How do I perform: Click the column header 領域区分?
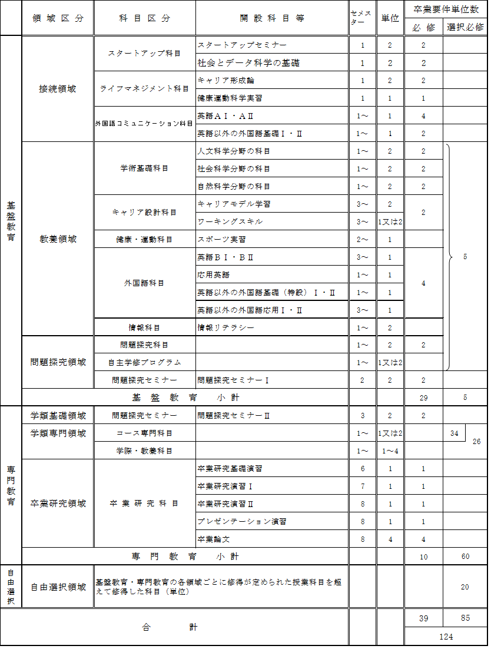pyautogui.click(x=58, y=18)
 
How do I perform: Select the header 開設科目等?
pyautogui.click(x=271, y=18)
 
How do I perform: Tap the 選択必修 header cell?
pyautogui.click(x=465, y=27)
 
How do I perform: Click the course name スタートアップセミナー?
pyautogui.click(x=234, y=45)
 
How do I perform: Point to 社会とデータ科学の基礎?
pyautogui.click(x=244, y=63)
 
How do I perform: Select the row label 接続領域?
pyautogui.click(x=58, y=89)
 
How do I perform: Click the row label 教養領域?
pyautogui.click(x=58, y=239)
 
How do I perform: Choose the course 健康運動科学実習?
pyautogui.click(x=230, y=98)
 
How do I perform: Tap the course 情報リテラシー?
pyautogui.click(x=225, y=327)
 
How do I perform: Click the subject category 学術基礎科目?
pyautogui.click(x=144, y=168)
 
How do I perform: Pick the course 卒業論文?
pyautogui.click(x=213, y=539)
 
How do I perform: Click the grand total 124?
pyautogui.click(x=446, y=637)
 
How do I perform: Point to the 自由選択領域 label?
pyautogui.click(x=58, y=587)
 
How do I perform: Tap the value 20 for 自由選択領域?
pyautogui.click(x=465, y=587)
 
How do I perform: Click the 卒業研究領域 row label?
pyautogui.click(x=58, y=504)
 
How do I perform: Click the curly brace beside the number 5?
pyautogui.click(x=450, y=257)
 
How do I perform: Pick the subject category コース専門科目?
pyautogui.click(x=144, y=433)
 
